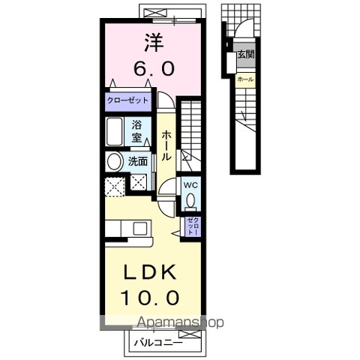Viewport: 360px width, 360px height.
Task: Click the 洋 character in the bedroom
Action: pyautogui.click(x=154, y=43)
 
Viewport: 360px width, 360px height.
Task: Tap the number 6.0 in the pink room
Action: pyautogui.click(x=154, y=69)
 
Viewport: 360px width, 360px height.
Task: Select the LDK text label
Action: pyautogui.click(x=149, y=272)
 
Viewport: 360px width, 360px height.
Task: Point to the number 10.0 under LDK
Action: pyautogui.click(x=150, y=298)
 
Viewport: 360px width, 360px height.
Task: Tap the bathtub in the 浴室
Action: pyautogui.click(x=115, y=131)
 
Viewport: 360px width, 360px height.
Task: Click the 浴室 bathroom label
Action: pyautogui.click(x=136, y=131)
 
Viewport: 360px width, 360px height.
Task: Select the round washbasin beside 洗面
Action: pyautogui.click(x=115, y=162)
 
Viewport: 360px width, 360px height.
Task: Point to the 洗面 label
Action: pyautogui.click(x=138, y=161)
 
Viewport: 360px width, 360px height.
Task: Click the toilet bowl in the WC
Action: pyautogui.click(x=191, y=200)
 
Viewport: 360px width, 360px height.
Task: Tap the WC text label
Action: pyautogui.click(x=191, y=185)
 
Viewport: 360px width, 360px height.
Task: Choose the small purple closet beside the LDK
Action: pyautogui.click(x=193, y=226)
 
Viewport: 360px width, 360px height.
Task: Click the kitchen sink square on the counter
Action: pyautogui.click(x=139, y=228)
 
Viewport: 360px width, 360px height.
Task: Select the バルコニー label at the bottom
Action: pyautogui.click(x=158, y=343)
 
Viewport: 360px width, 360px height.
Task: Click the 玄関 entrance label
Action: pyautogui.click(x=246, y=54)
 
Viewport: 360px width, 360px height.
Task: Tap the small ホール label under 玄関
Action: pyautogui.click(x=245, y=79)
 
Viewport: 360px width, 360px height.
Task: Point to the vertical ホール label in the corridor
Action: pyautogui.click(x=166, y=145)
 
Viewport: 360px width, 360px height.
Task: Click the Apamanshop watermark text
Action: pyautogui.click(x=181, y=322)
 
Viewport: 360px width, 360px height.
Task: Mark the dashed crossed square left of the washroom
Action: pyautogui.click(x=115, y=187)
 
